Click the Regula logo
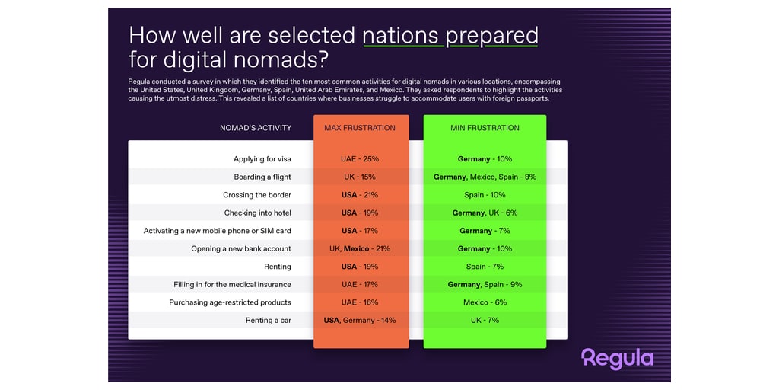tap(617, 358)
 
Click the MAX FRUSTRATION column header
tap(360, 128)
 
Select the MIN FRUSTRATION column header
tap(485, 128)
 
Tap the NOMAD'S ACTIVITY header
tap(255, 128)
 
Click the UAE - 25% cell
tap(361, 159)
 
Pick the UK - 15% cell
tap(361, 177)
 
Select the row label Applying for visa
tap(262, 159)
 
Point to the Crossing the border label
tap(257, 195)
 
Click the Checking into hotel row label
tap(257, 213)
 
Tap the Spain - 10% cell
tap(485, 195)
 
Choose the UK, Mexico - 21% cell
tap(361, 248)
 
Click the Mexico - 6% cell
tap(485, 302)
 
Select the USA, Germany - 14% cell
tap(360, 320)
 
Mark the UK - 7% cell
tap(485, 320)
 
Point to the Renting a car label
tap(268, 320)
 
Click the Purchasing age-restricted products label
tap(230, 302)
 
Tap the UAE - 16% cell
tap(361, 302)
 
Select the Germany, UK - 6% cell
tap(485, 213)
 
